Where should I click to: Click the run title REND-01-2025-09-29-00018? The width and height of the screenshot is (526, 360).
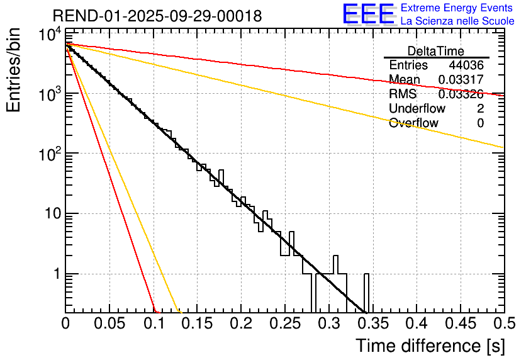pos(157,16)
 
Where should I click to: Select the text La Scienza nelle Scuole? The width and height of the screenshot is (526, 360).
pos(457,21)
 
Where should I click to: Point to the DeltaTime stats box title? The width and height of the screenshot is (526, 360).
pos(436,51)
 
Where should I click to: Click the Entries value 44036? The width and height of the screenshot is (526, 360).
pos(466,65)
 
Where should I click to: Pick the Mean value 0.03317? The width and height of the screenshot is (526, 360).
pos(461,80)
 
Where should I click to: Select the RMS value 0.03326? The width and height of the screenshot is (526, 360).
pos(461,94)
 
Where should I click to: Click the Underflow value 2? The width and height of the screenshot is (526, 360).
pos(480,109)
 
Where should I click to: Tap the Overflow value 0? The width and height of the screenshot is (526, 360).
pos(480,123)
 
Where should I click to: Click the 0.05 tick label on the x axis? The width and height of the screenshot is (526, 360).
pos(109,323)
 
